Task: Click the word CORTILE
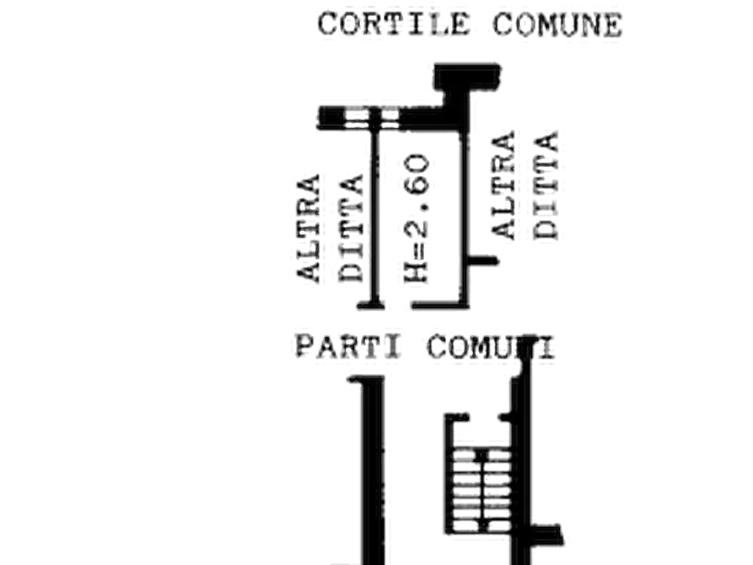(394, 24)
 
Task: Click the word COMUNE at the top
(557, 24)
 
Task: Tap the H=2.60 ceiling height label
(416, 218)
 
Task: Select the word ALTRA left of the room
(308, 228)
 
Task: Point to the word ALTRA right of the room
(503, 185)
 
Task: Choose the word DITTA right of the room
(546, 185)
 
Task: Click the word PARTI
(348, 347)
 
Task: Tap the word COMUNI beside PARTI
(491, 347)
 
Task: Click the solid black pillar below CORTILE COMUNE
(467, 77)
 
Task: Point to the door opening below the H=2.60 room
(398, 305)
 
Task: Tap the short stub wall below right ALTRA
(482, 261)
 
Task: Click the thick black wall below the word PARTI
(373, 471)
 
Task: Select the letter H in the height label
(416, 273)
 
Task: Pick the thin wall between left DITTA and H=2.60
(375, 216)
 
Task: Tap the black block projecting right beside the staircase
(546, 535)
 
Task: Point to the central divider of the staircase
(481, 490)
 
